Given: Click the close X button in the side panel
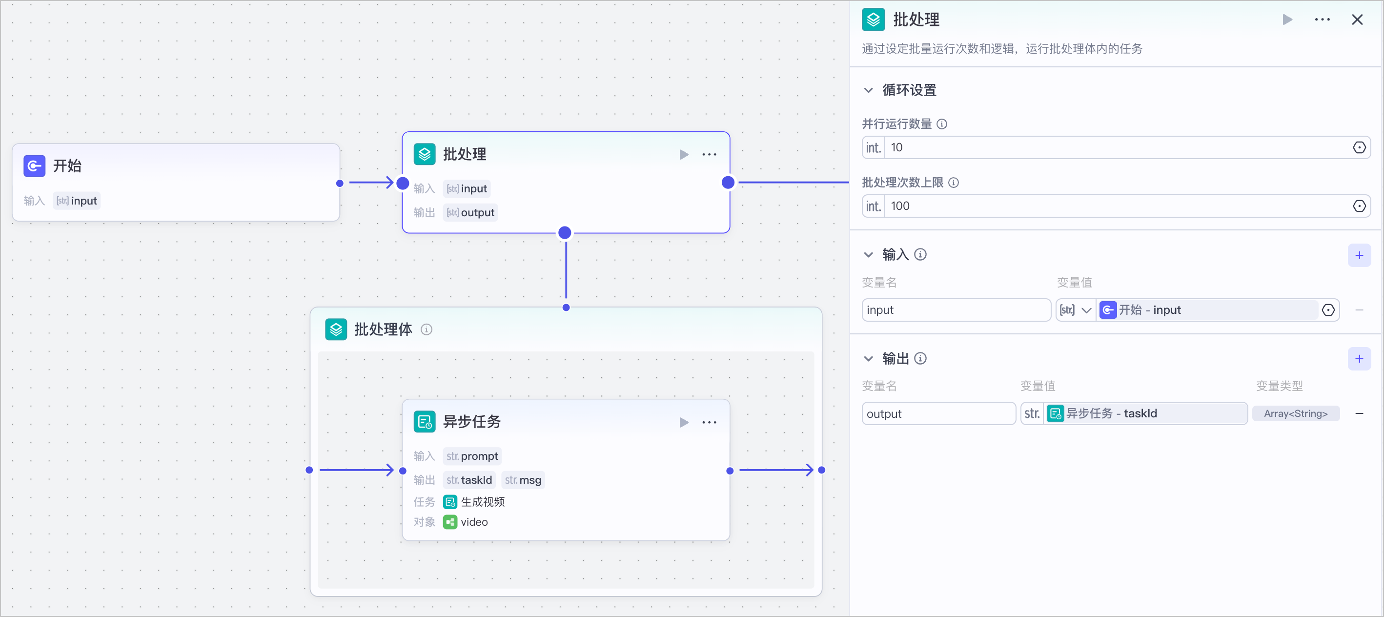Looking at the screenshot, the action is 1357,20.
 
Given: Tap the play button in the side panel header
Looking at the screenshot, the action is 1287,20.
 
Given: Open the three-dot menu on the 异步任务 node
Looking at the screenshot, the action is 709,422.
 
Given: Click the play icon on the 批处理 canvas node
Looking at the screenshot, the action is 684,155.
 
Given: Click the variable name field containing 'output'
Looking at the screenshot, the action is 938,414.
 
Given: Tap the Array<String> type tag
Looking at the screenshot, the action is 1295,414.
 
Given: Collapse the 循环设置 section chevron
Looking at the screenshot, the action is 868,90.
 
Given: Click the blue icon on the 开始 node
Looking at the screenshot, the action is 34,166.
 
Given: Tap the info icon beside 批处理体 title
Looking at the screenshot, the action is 427,329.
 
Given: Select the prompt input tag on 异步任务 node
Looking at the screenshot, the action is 472,456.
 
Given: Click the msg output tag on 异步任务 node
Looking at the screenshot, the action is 523,480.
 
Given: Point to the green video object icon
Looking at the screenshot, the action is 449,522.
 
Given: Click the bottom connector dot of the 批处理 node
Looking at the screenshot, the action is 565,233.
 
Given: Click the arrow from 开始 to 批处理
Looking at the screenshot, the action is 371,183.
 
